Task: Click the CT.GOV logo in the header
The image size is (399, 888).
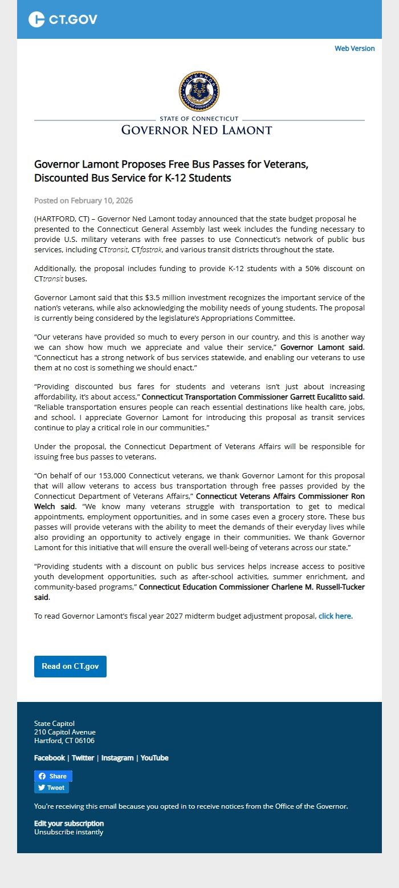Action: coord(63,19)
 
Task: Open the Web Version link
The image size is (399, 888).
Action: coord(355,49)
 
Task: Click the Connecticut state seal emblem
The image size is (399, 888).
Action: coord(199,91)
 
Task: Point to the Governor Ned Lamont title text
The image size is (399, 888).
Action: coord(197,130)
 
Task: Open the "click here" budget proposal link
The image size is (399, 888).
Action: coord(335,616)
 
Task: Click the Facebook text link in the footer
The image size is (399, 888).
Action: coord(50,758)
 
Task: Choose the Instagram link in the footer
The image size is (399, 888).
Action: coord(117,758)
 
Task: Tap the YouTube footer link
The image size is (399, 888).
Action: coord(154,758)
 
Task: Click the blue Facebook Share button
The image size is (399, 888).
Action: coord(53,776)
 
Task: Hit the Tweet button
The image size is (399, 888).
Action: coord(51,788)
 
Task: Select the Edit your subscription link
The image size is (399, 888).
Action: coord(69,824)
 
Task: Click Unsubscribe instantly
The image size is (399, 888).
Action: coord(69,832)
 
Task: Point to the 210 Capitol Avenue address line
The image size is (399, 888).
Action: coord(65,732)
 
